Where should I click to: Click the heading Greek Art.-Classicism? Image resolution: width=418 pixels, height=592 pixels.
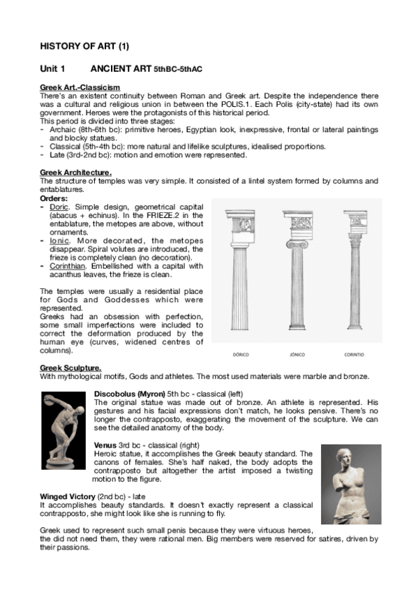point(75,87)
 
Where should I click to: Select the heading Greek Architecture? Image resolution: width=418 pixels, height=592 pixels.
point(75,172)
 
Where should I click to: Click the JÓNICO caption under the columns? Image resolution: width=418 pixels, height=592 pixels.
point(297,355)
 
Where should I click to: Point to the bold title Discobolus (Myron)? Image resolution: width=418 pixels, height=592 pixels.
point(128,394)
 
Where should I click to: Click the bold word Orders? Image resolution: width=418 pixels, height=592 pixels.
point(54,198)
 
